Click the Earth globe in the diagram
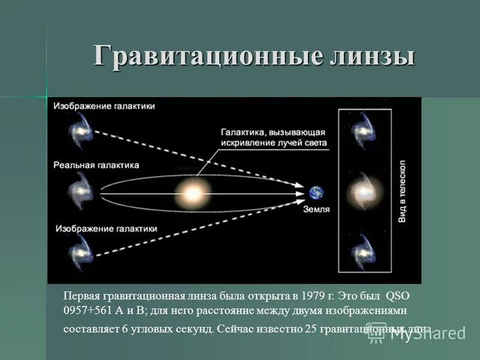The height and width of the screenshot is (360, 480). click(316, 193)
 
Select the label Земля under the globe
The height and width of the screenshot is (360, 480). click(316, 209)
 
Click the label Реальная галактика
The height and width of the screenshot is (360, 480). click(96, 164)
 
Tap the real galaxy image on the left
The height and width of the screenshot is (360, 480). click(80, 191)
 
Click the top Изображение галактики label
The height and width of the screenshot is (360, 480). click(104, 106)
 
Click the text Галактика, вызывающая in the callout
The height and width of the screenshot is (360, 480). click(273, 131)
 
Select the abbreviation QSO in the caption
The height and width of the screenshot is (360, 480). click(397, 296)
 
